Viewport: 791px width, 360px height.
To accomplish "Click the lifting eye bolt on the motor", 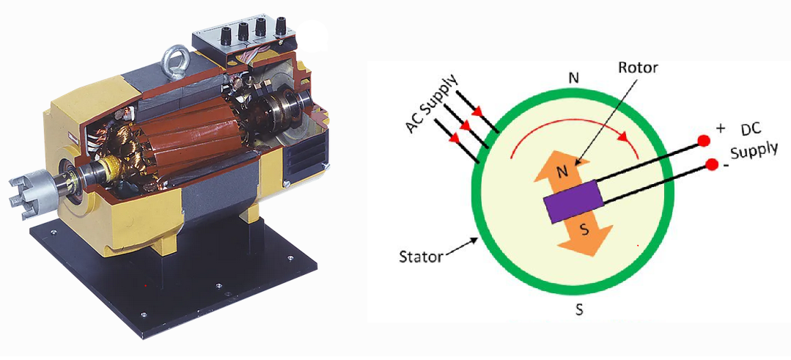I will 177,55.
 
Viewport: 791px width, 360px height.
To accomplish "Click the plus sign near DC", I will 721,128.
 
